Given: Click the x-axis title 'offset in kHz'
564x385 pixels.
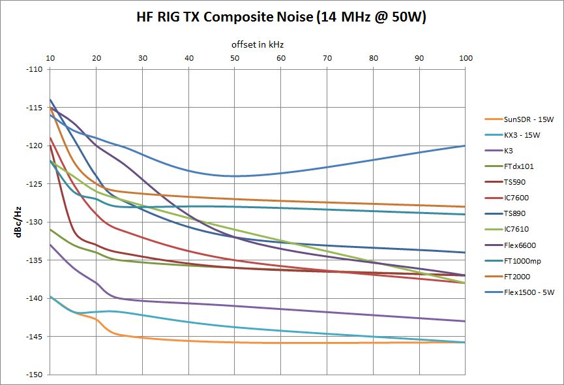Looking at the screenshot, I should click(x=257, y=44).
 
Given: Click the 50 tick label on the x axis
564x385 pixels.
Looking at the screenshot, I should click(x=235, y=58).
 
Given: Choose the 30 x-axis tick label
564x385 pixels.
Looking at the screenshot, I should click(x=142, y=58).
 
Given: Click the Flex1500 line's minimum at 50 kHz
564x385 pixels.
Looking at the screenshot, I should click(x=235, y=176).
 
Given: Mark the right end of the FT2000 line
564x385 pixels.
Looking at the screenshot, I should click(x=464, y=206).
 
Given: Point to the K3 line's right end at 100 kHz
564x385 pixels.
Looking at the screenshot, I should click(x=464, y=321).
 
